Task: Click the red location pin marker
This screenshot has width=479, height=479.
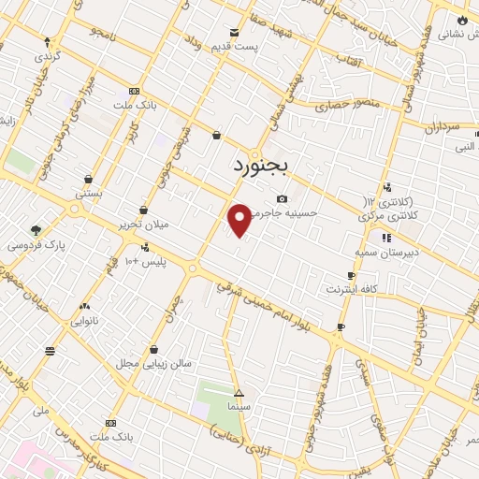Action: (240, 219)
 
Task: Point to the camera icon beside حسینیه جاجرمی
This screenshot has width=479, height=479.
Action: (283, 198)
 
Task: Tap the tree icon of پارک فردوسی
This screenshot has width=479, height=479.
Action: (36, 230)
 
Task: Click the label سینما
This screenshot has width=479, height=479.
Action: (239, 408)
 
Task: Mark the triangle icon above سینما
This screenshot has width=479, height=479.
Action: (239, 393)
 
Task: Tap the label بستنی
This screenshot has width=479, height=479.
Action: (89, 193)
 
